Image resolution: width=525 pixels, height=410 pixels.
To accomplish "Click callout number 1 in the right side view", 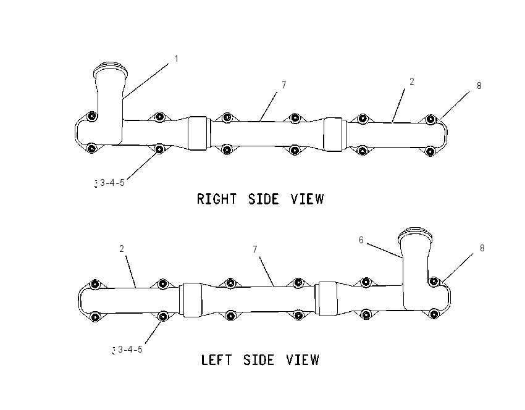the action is (x=177, y=59).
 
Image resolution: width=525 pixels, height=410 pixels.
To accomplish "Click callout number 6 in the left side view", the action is (x=361, y=240).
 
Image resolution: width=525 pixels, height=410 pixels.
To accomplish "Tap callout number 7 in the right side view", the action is (x=284, y=85).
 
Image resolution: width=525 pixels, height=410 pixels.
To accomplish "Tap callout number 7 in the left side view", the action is (x=255, y=249).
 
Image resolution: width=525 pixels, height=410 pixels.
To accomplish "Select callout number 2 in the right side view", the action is (x=412, y=82).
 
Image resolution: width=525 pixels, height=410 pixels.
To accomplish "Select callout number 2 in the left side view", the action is (x=122, y=249).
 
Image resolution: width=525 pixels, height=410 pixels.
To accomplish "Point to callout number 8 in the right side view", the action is (x=479, y=86).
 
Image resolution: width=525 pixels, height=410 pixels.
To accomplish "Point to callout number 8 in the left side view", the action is (x=482, y=248).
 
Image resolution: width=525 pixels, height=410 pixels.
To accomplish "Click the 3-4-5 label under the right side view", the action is (x=112, y=183).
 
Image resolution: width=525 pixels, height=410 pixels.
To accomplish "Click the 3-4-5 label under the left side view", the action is (x=130, y=349).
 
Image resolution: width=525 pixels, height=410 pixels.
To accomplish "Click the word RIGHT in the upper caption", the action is (x=217, y=199).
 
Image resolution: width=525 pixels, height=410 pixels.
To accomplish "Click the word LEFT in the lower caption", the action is (x=216, y=360).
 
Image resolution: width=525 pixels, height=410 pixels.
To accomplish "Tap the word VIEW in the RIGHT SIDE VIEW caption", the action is (x=308, y=199).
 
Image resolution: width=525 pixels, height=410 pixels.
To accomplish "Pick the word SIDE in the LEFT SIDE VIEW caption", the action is (x=259, y=360).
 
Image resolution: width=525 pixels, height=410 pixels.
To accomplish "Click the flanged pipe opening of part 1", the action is (x=110, y=69).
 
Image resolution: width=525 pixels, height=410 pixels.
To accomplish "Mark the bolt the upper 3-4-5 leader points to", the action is (x=160, y=148).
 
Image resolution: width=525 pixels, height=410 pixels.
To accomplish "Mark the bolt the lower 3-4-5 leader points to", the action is (x=162, y=316).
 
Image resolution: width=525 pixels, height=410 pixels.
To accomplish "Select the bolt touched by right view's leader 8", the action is (x=430, y=119).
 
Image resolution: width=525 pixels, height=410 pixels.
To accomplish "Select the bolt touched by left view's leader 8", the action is (x=434, y=282).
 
